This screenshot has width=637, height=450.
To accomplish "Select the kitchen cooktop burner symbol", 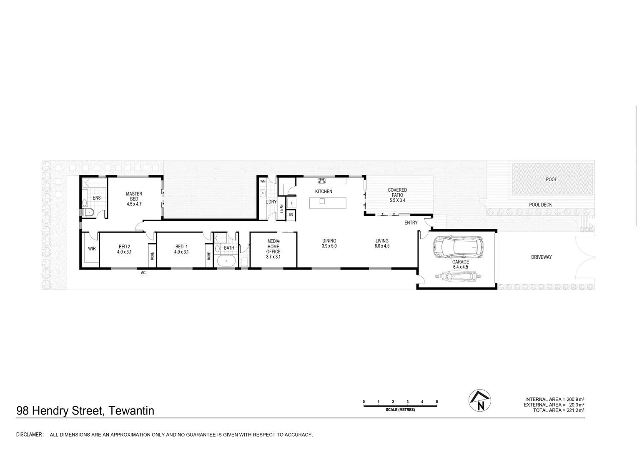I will pos(322,181).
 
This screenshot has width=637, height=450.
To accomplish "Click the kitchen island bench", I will pos(327,202).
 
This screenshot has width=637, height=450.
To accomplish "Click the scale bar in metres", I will pos(400,405).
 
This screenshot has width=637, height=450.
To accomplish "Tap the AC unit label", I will pos(143,273).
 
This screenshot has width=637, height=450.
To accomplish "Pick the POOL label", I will pos(551,180).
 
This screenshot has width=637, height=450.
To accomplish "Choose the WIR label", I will pos(92,249).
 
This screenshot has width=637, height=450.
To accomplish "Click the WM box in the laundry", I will pos(263,182).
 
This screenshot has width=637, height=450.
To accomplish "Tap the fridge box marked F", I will pos(291,203).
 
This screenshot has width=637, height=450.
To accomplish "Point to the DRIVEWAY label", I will pos(541,257).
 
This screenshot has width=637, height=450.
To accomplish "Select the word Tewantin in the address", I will pos(131,411).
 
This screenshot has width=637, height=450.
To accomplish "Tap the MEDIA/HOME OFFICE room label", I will pos(273,246).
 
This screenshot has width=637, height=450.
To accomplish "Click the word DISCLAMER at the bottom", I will pos(30,435).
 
